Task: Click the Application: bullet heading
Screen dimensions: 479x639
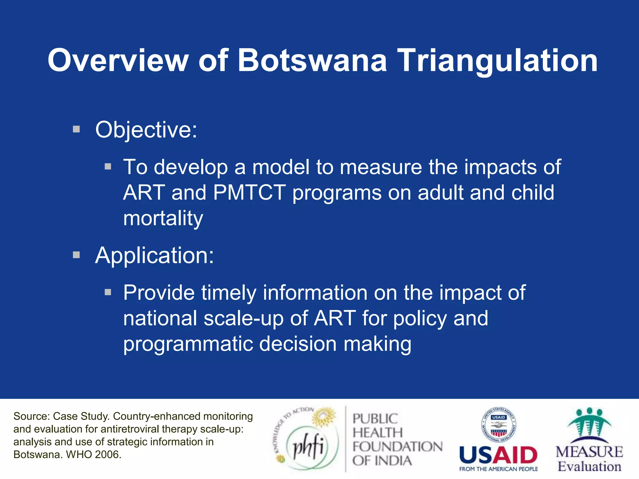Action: tap(154, 255)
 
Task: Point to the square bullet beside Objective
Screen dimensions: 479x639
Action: tap(76, 129)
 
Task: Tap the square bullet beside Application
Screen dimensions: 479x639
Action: tap(76, 255)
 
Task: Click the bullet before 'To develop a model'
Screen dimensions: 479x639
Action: tap(108, 167)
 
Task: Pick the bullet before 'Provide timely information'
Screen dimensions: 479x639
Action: tap(108, 292)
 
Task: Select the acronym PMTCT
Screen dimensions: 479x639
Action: tap(249, 192)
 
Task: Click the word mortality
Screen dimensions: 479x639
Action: tap(163, 218)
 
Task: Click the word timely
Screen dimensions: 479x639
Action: tap(228, 293)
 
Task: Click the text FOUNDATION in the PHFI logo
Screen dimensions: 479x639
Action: tap(397, 447)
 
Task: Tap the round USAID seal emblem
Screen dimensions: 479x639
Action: tap(498, 425)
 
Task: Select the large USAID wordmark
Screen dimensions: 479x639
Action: tap(498, 455)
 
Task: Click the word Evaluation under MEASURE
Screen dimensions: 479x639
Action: tap(589, 467)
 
